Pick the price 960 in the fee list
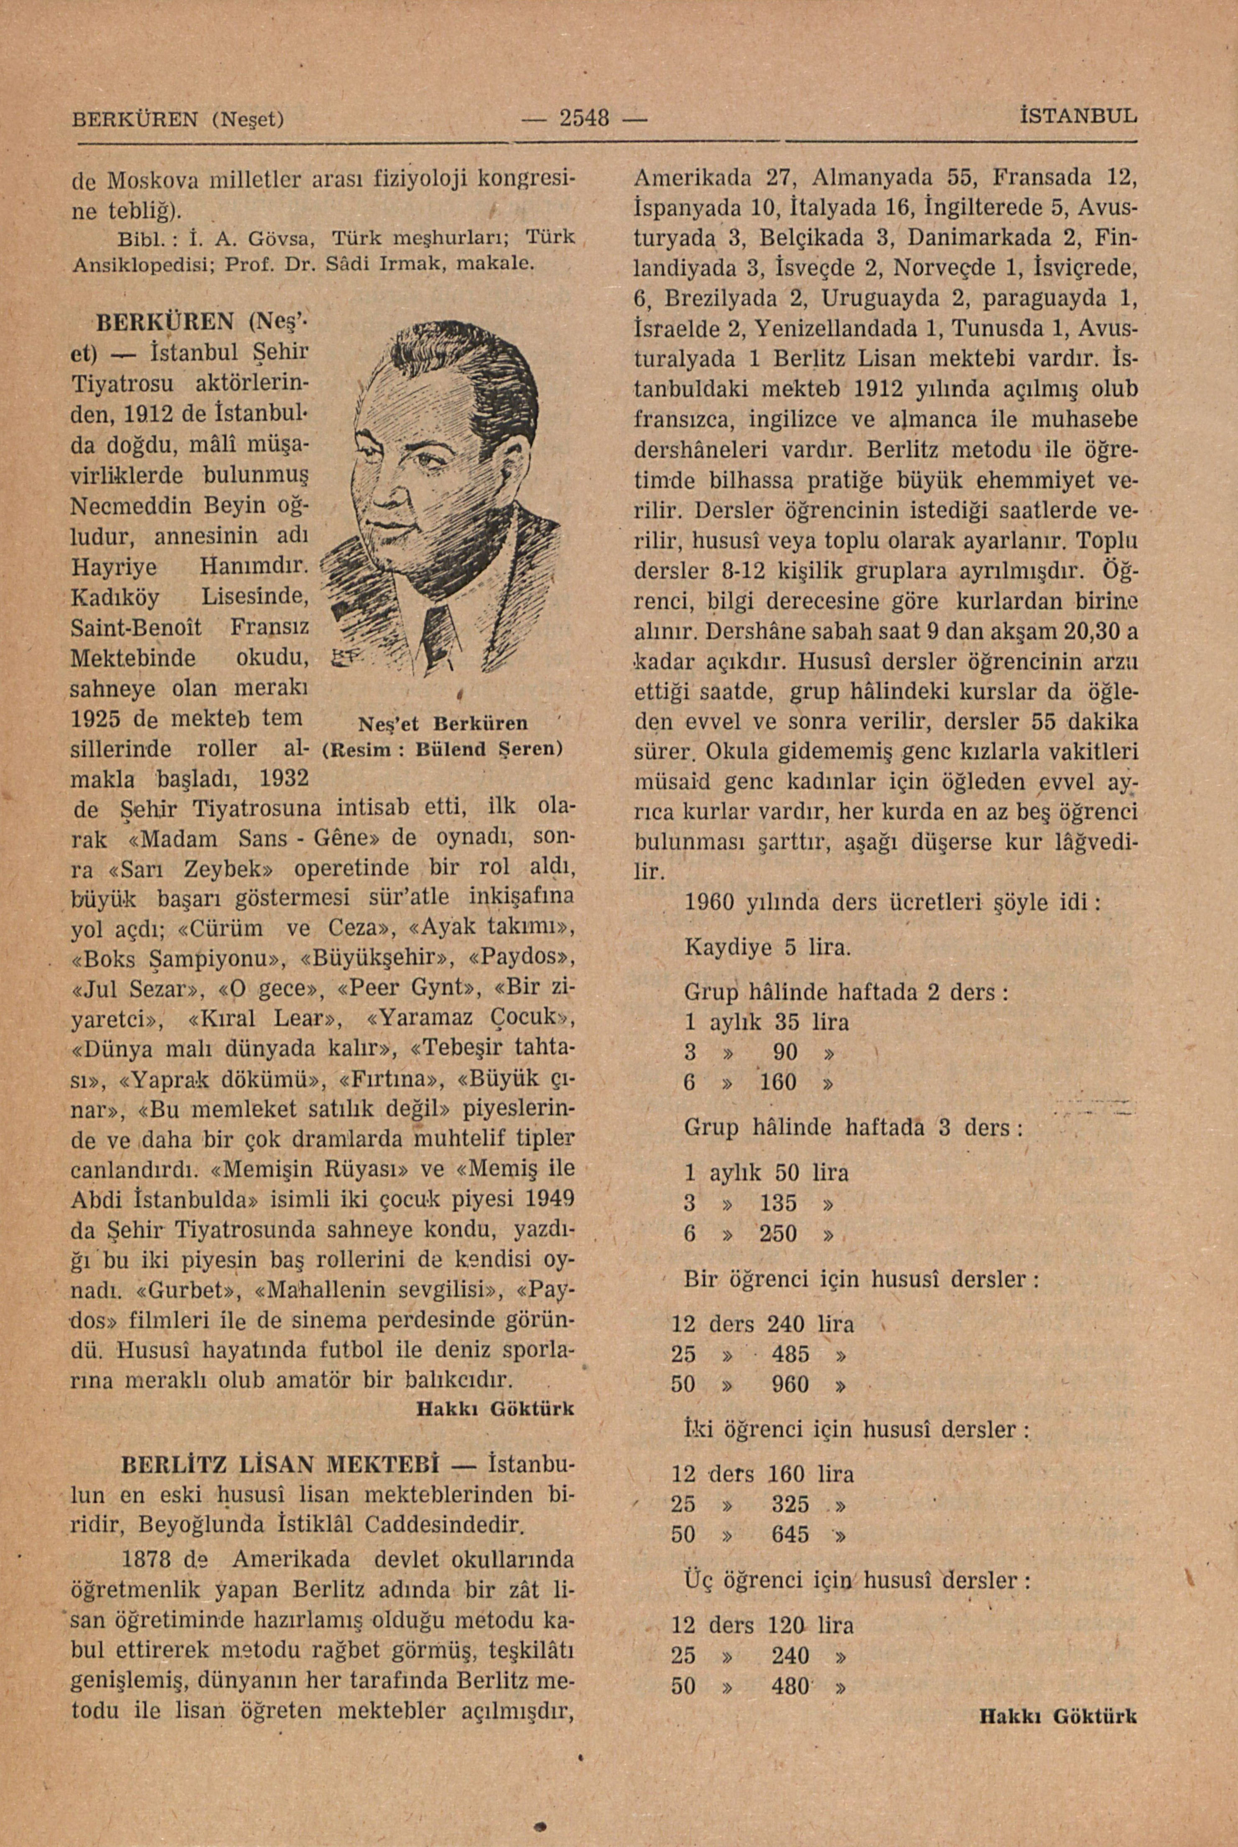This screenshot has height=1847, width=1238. pos(790,1384)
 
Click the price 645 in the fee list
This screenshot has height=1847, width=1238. pos(790,1534)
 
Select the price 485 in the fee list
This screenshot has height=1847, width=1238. pos(790,1354)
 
